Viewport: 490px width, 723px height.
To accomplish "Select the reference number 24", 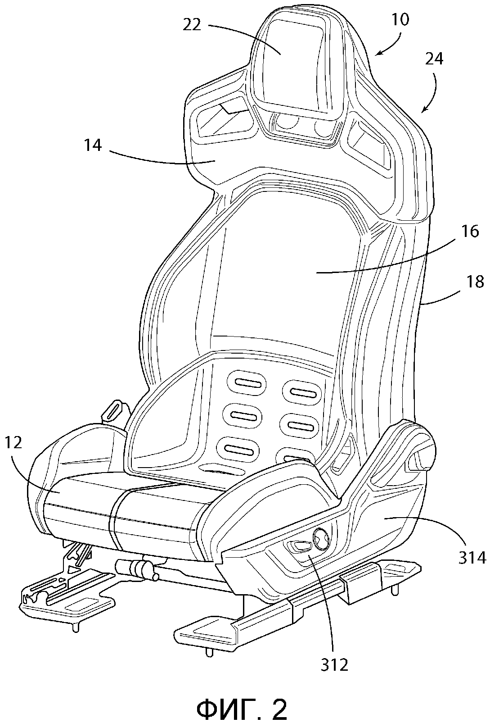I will tap(434, 59).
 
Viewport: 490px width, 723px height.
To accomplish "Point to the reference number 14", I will tap(92, 146).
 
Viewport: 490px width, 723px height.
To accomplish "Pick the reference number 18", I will tap(475, 282).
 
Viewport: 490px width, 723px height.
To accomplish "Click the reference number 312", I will tap(334, 665).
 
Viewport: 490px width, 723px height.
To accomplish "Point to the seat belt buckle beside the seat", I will tap(112, 411).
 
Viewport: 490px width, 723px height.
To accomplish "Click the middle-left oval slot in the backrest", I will tap(240, 415).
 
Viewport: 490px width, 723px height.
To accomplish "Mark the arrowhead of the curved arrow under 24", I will tap(423, 109).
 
